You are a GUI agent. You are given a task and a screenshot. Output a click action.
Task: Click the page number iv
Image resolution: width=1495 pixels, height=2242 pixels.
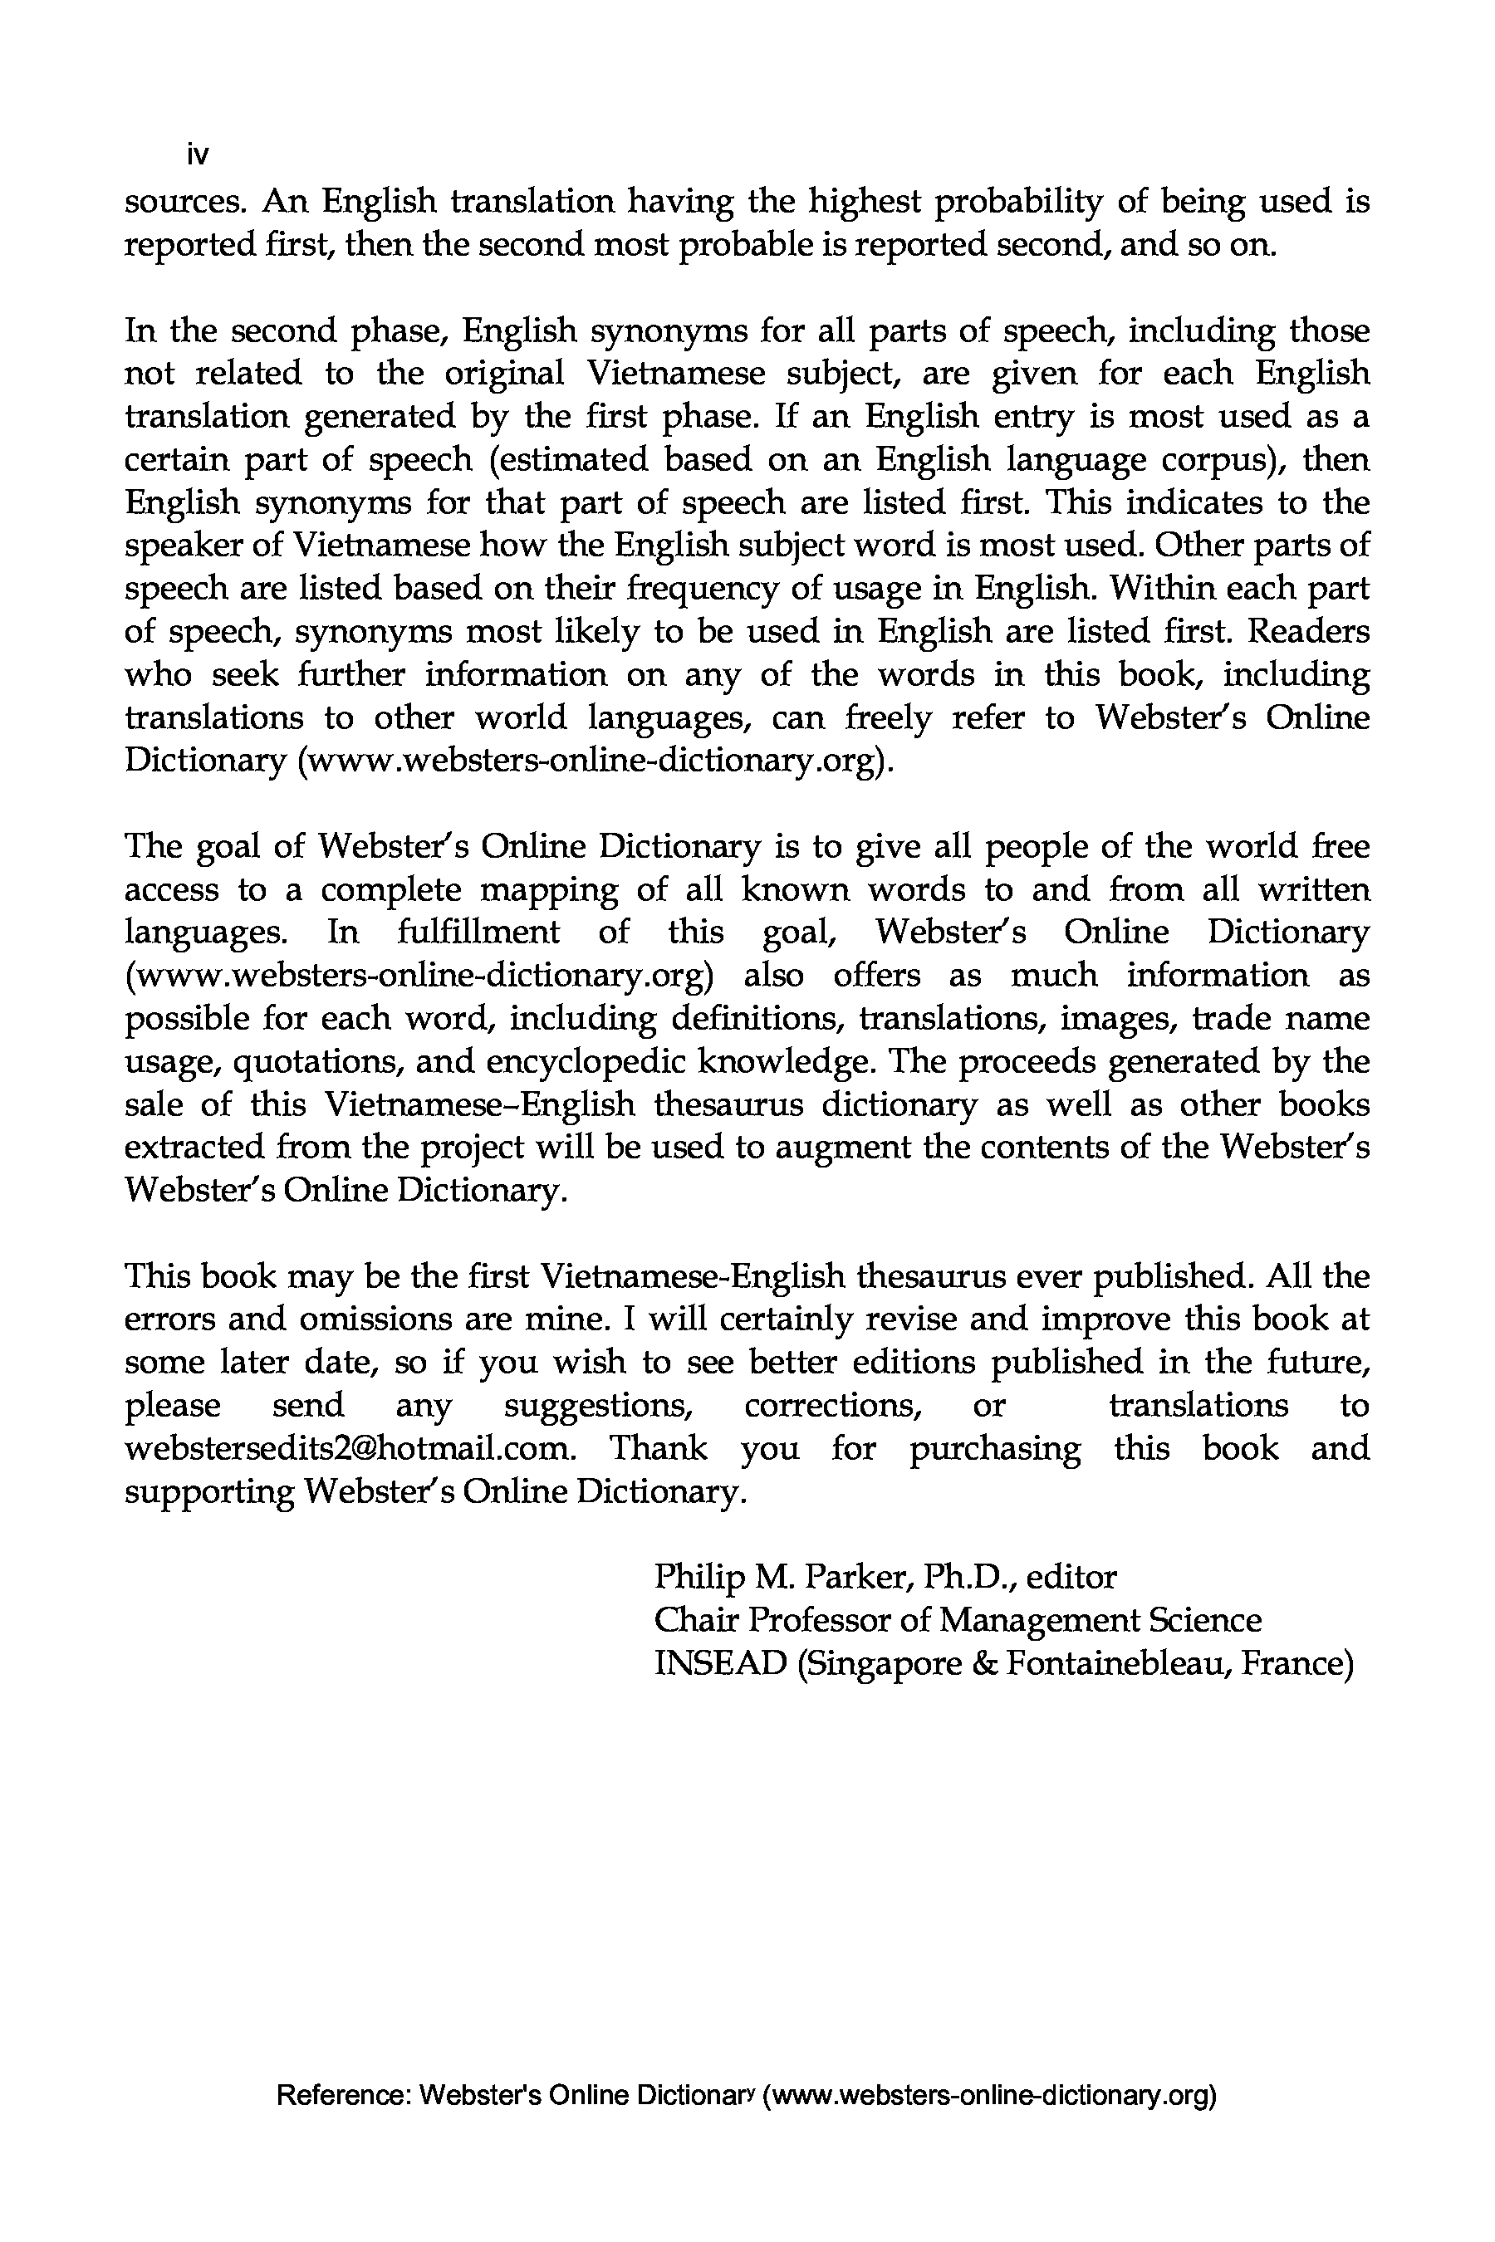coord(199,154)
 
